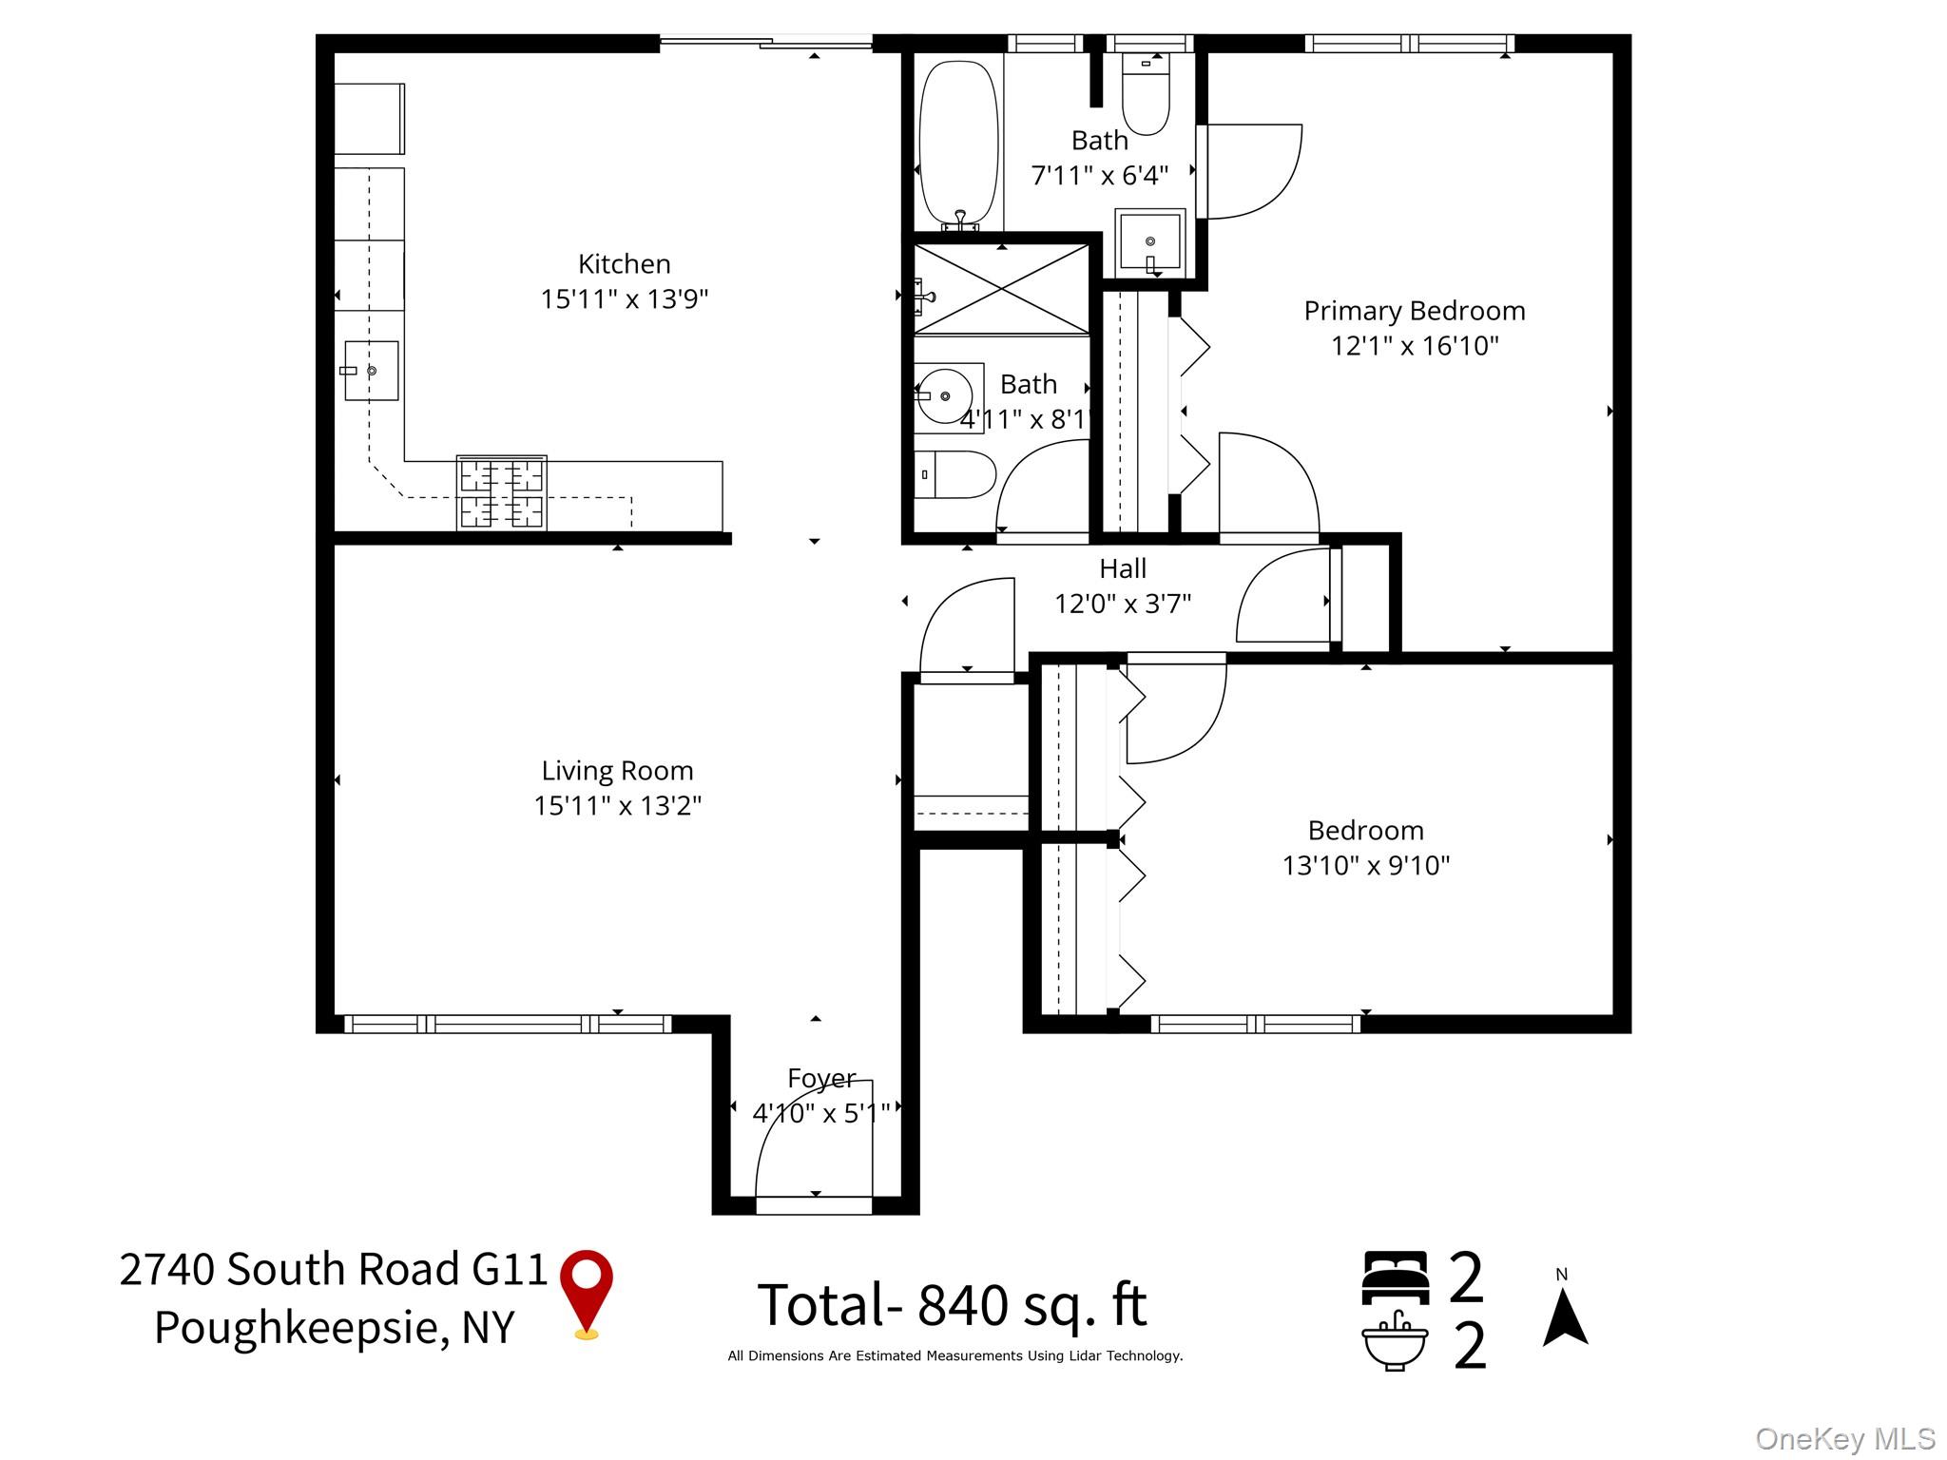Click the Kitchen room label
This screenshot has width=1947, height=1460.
pos(624,263)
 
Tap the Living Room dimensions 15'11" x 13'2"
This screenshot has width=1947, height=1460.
pos(617,805)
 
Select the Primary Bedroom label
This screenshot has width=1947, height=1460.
pos(1414,311)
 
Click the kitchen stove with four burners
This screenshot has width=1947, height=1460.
pos(502,492)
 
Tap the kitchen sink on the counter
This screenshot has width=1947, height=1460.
pos(371,371)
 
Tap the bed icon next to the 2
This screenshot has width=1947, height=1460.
pos(1395,1277)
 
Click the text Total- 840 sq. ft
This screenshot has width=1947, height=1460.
pos(952,1305)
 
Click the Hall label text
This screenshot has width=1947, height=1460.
pos(1122,568)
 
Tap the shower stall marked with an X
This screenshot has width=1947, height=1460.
pos(1001,289)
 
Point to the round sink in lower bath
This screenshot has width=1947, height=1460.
pos(944,395)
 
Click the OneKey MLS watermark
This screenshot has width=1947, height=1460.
pos(1844,1439)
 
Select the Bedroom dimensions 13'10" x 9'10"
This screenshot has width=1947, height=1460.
pos(1365,865)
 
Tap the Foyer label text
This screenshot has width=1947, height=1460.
pos(821,1078)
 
